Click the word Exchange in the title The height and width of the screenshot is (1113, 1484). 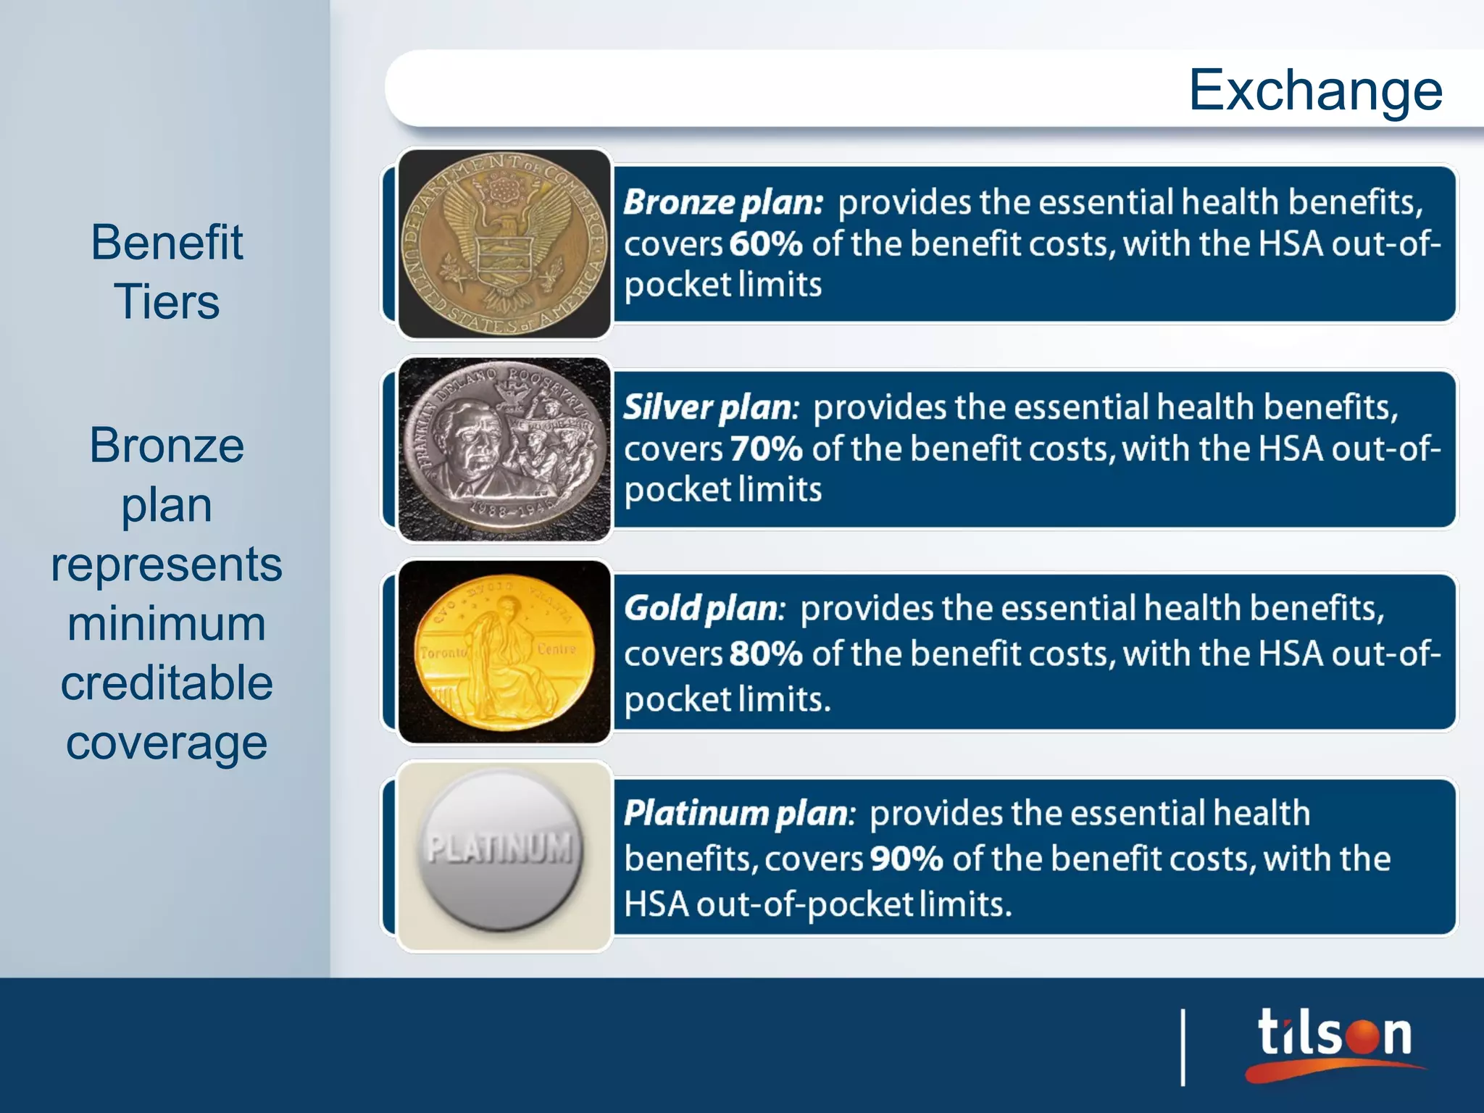point(1315,91)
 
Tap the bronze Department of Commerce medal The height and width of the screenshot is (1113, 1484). point(504,243)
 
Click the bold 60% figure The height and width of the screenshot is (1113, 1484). point(766,243)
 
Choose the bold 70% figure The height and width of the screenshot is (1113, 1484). point(766,449)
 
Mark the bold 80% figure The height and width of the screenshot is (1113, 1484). point(766,654)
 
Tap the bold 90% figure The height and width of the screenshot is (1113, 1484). point(906,859)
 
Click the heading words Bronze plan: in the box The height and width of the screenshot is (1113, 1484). point(723,202)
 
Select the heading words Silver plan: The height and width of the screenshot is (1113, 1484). point(711,407)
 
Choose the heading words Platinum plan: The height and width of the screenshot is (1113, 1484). point(739,814)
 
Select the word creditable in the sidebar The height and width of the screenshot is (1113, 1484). point(167,683)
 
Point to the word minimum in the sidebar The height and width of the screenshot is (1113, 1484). point(167,624)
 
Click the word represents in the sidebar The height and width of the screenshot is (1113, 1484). point(167,564)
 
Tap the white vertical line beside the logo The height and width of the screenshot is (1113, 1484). point(1183,1047)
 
